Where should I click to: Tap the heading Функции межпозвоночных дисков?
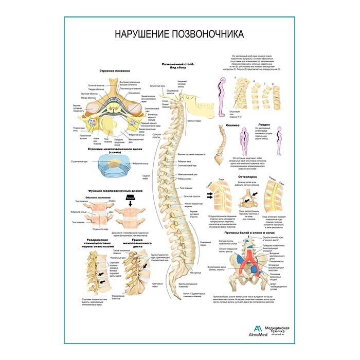pos(112,190)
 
